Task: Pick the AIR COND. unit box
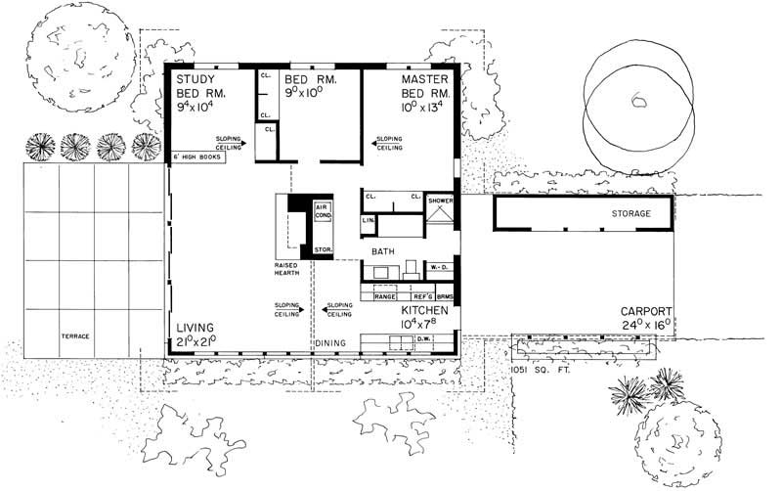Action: pyautogui.click(x=323, y=212)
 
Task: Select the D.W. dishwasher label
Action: pyautogui.click(x=424, y=339)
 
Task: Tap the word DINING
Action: pyautogui.click(x=329, y=343)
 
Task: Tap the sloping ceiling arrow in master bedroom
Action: pyautogui.click(x=375, y=143)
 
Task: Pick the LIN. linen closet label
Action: pyautogui.click(x=368, y=221)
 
